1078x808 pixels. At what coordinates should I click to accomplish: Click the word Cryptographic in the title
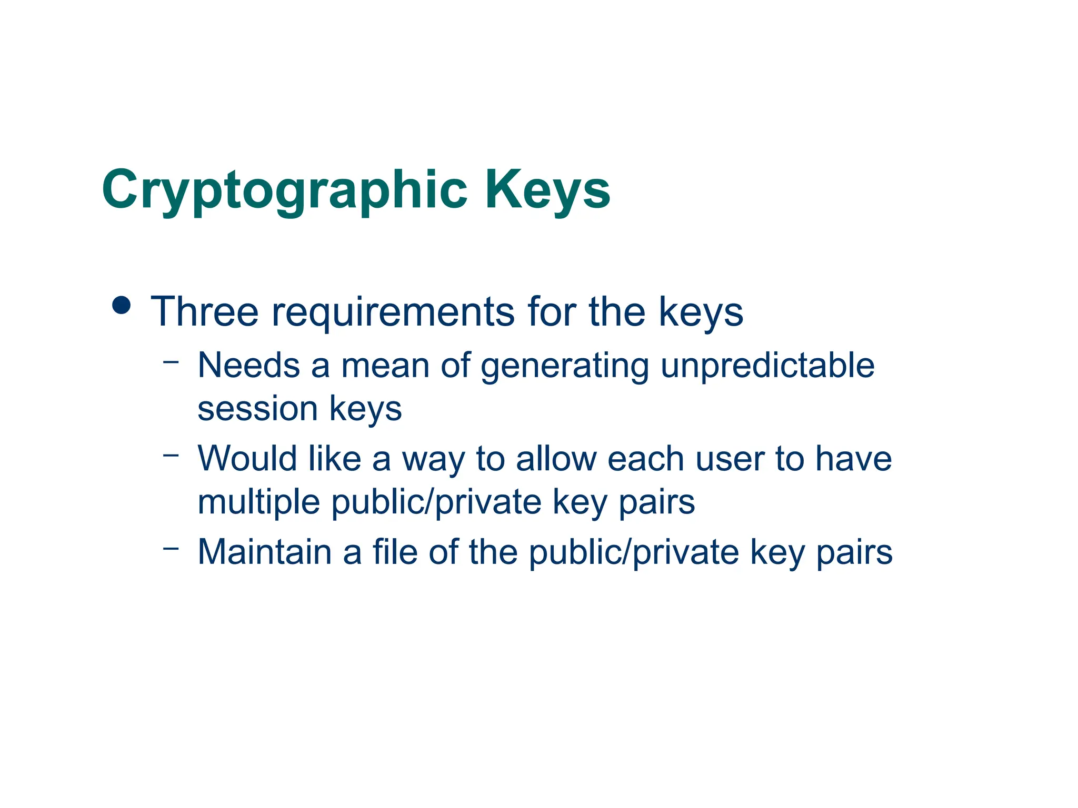(284, 190)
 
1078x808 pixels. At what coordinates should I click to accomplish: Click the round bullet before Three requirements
(122, 305)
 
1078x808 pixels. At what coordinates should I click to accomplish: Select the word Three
(205, 311)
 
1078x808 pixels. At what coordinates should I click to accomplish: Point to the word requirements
(393, 312)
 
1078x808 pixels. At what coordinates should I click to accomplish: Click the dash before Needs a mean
(171, 361)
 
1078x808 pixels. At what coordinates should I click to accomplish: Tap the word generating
(564, 367)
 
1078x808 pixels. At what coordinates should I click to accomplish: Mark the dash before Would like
(171, 454)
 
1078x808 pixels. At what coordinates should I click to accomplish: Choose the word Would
(247, 458)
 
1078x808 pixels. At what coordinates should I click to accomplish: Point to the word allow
(556, 458)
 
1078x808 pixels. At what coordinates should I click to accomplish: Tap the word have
(853, 458)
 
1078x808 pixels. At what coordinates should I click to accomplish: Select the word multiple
(258, 502)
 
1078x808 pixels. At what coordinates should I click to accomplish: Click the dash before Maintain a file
(171, 548)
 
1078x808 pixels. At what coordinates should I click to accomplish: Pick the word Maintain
(265, 552)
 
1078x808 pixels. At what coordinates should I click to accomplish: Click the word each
(646, 458)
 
